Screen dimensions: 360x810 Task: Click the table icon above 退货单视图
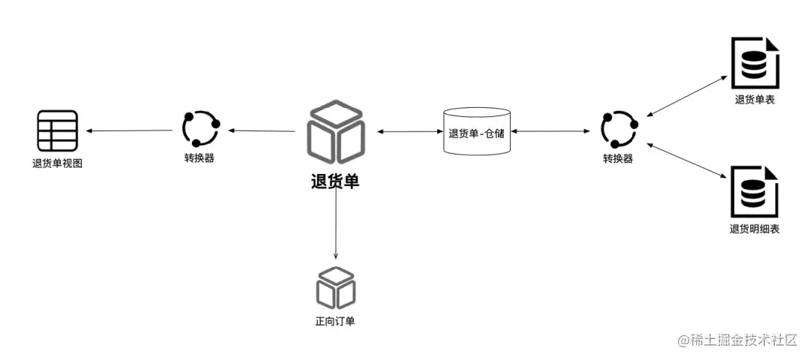pos(57,130)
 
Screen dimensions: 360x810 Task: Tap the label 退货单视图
pos(57,163)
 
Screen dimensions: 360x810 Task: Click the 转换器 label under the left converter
pos(199,159)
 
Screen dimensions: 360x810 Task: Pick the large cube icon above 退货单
pos(335,132)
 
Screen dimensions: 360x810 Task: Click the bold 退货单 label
pos(335,181)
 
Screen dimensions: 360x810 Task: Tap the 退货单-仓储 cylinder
pos(477,132)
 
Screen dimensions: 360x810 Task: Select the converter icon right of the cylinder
pos(618,130)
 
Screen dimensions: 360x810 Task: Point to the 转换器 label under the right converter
pos(618,159)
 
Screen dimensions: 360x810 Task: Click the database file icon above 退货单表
pos(754,64)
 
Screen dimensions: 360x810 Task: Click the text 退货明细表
pos(754,229)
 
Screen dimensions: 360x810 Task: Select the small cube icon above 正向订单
pos(335,286)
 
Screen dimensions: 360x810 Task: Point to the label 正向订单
pos(335,322)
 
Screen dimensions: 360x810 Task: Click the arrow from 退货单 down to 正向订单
pos(335,225)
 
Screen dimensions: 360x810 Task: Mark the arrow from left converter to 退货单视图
pos(131,131)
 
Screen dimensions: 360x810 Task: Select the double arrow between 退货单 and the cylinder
pos(409,132)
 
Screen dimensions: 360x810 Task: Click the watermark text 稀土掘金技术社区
pos(742,340)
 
